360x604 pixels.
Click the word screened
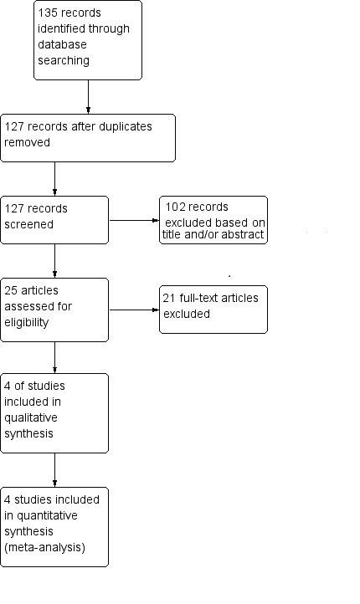[x=29, y=223]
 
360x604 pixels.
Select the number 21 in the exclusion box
[x=169, y=299]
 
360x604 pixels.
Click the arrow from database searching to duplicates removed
[x=88, y=96]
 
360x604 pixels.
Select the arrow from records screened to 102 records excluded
[x=134, y=221]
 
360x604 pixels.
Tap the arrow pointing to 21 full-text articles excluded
[x=134, y=310]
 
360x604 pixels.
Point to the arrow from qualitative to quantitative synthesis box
[x=55, y=469]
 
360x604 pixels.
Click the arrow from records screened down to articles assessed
[x=55, y=260]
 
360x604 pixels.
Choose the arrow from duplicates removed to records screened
[x=55, y=178]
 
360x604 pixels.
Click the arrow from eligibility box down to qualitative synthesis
[x=55, y=357]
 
